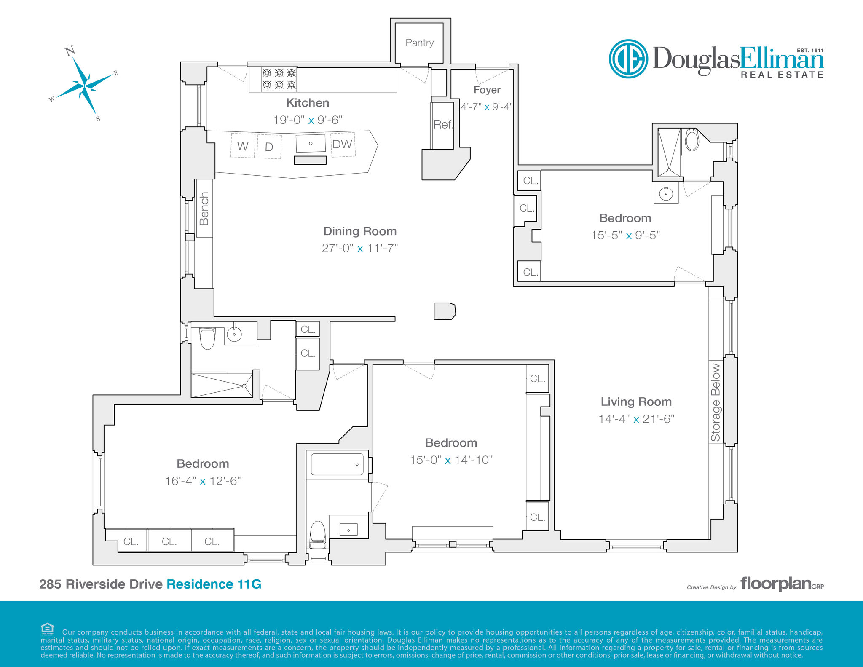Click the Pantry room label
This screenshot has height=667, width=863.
point(419,43)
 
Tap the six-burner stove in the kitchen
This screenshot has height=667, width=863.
point(279,79)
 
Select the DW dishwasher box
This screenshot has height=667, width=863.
point(343,145)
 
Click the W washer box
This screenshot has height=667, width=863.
point(243,146)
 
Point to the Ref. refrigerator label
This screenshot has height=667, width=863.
point(443,124)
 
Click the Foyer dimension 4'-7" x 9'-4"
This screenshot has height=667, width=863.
point(487,107)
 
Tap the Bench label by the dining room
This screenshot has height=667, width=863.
point(204,209)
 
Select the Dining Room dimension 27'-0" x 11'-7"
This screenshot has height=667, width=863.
point(360,248)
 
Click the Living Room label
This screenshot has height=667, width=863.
point(636,402)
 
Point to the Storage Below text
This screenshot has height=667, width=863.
point(716,402)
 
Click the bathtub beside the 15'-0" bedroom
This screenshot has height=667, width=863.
point(337,464)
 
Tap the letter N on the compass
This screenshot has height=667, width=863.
point(70,51)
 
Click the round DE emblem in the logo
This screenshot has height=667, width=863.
point(628,59)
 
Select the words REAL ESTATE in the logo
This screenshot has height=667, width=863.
point(782,75)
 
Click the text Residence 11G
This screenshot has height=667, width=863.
point(214,584)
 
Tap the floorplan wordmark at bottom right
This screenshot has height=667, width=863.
point(776,584)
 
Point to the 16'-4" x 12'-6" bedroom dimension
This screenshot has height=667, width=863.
point(203,481)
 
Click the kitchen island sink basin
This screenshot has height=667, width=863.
point(311,143)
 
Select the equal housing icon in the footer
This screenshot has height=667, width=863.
point(47,629)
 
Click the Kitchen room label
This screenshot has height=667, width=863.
point(308,103)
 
